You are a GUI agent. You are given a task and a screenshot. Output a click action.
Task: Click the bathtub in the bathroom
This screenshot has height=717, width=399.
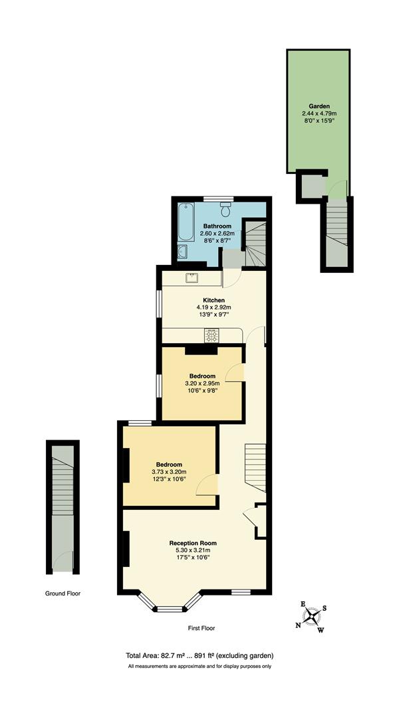tap(185, 222)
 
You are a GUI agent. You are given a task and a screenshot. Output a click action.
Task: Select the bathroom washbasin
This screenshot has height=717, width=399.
tap(183, 252)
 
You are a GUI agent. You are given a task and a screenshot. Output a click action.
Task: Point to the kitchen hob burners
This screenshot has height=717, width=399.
tap(211, 337)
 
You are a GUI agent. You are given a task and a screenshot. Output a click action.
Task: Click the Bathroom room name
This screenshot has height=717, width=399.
tap(217, 226)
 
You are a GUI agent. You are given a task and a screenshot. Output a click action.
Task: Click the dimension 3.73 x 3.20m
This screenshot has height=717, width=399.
tap(169, 472)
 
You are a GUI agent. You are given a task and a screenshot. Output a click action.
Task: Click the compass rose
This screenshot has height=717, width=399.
tap(312, 617)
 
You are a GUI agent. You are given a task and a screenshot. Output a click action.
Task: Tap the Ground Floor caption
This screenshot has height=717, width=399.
tap(63, 594)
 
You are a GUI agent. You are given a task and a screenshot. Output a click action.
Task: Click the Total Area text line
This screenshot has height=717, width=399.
tap(199, 655)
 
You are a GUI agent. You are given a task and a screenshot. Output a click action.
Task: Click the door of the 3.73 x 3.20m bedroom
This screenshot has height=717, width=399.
tap(208, 485)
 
